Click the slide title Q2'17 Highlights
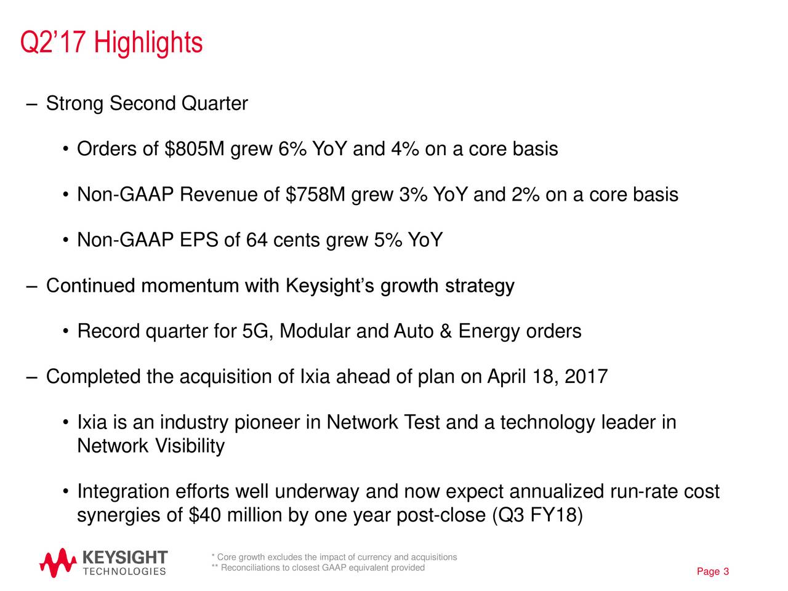click(x=111, y=43)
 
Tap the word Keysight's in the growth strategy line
click(x=331, y=286)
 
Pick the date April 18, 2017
click(x=547, y=376)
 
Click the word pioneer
click(x=268, y=423)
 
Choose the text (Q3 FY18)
click(x=537, y=515)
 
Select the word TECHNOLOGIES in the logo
click(x=124, y=571)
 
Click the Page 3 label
click(x=713, y=573)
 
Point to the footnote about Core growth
click(x=334, y=557)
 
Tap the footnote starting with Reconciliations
click(x=318, y=568)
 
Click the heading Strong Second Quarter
click(x=147, y=103)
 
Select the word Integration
click(x=123, y=492)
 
